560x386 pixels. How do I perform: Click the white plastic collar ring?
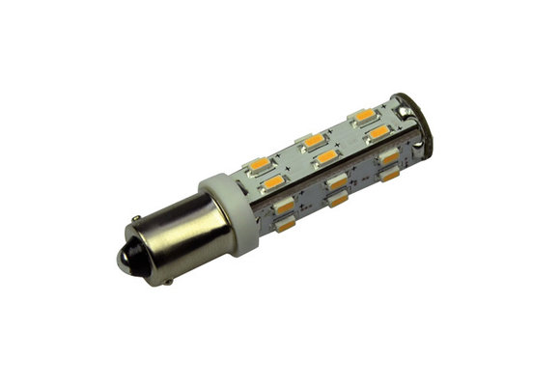pos(231,214)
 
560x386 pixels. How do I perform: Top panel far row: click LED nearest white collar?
pos(258,163)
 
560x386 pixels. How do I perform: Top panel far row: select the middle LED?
pos(312,141)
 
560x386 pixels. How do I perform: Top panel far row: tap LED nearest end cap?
pos(364,116)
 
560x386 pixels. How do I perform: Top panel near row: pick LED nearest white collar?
pos(274,180)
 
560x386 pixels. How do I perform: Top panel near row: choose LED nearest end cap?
pos(378,131)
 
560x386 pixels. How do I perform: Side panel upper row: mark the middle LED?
pos(337,180)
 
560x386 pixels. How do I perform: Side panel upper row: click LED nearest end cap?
pos(389,155)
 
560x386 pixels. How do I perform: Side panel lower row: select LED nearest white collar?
pos(286,226)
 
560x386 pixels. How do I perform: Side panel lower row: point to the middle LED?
pos(338,200)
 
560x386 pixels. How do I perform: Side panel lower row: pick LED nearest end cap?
pos(390,176)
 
